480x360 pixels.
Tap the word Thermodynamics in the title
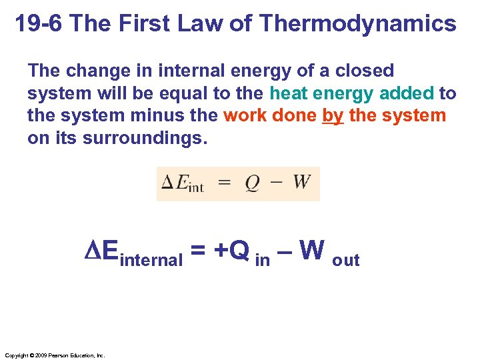click(358, 24)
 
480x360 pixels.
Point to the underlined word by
click(332, 115)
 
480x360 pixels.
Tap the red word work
click(246, 115)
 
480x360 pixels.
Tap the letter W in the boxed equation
click(302, 183)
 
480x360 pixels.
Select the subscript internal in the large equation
click(151, 259)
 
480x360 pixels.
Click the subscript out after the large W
click(345, 260)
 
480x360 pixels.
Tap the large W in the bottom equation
click(311, 251)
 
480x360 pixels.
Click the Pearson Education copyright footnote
click(54, 355)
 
